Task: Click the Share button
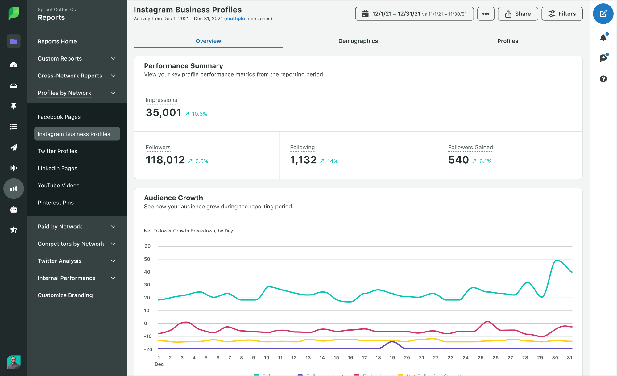point(518,14)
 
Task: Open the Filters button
point(562,14)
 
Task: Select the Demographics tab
point(358,41)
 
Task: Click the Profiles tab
point(507,41)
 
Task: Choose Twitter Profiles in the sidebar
point(57,151)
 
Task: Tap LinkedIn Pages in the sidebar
point(57,168)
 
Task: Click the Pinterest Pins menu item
point(56,203)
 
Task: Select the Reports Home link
point(57,41)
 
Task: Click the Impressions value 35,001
point(164,113)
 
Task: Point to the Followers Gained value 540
point(458,160)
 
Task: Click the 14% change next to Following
point(332,161)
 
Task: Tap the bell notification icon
point(603,38)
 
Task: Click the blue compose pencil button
point(603,14)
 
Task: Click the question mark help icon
point(603,79)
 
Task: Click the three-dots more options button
point(486,14)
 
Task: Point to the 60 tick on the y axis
point(147,246)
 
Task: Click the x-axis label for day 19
point(392,357)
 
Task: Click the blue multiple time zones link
point(235,19)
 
